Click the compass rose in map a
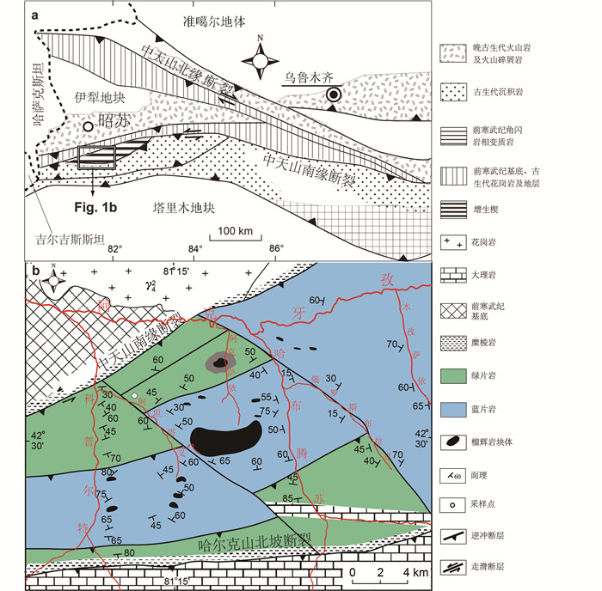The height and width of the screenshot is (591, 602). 259,59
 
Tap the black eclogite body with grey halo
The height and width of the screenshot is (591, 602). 221,363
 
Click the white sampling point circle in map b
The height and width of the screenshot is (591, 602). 134,395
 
